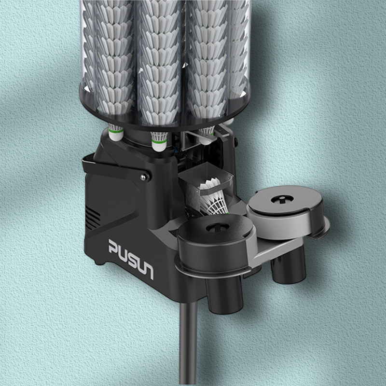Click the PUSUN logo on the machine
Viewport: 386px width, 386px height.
[131, 259]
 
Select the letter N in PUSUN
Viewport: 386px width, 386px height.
[148, 271]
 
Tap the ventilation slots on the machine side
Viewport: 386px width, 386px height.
[93, 218]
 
